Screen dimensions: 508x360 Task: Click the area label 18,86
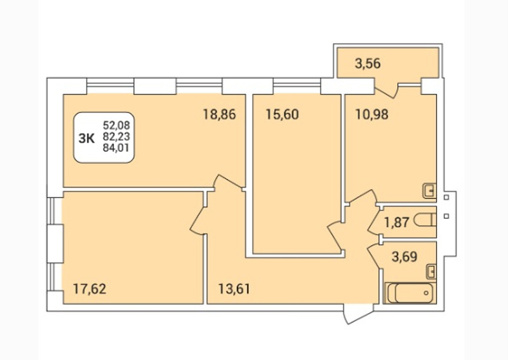(219, 114)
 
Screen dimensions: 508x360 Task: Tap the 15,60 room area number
(282, 114)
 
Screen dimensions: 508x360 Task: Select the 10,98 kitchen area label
(372, 114)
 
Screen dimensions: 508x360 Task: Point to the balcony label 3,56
(368, 63)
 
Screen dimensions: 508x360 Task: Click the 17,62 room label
(90, 289)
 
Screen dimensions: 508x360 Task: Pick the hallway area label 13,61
(234, 289)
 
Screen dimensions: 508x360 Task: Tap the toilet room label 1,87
(397, 223)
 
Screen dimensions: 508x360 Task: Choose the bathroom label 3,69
(404, 257)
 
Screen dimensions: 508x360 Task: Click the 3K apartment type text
(86, 138)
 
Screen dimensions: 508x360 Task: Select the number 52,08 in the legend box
(116, 124)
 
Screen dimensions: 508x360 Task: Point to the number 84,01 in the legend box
(116, 148)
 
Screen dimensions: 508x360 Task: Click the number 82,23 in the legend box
(116, 137)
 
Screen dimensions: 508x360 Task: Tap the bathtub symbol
(410, 293)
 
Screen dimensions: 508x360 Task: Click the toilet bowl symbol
(425, 220)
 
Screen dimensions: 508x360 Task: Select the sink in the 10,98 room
(430, 191)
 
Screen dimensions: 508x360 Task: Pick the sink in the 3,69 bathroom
(431, 271)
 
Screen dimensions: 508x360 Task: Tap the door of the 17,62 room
(198, 221)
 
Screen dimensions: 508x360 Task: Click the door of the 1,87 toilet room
(374, 223)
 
